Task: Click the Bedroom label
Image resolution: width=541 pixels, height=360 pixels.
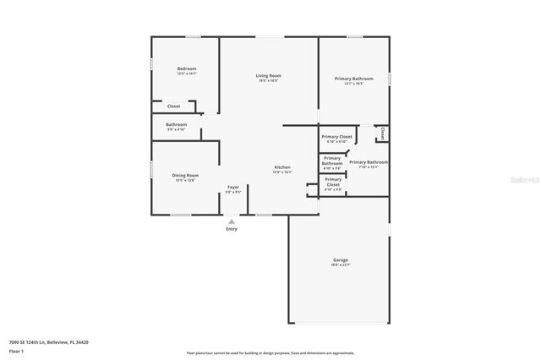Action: click(186, 68)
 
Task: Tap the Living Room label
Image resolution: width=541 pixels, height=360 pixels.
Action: click(269, 76)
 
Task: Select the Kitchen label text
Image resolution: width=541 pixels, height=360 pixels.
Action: click(281, 167)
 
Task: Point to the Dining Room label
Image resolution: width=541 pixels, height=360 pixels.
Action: click(186, 175)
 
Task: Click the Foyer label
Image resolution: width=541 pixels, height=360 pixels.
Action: click(233, 187)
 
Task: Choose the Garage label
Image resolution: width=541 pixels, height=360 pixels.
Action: click(340, 259)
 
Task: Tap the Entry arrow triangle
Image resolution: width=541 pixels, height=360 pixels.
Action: click(232, 221)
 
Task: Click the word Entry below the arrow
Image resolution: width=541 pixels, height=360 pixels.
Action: click(232, 229)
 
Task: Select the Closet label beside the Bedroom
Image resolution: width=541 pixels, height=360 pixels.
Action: click(173, 106)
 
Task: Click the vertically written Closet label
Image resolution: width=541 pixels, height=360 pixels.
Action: click(382, 133)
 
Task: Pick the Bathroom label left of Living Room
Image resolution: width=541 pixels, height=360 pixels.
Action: click(176, 125)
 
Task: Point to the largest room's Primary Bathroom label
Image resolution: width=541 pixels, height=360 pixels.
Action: click(353, 79)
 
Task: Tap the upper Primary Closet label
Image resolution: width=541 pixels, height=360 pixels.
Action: click(336, 136)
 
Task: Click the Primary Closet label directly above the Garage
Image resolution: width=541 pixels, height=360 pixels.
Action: click(333, 181)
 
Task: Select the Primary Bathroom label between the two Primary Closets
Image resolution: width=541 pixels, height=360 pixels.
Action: click(332, 161)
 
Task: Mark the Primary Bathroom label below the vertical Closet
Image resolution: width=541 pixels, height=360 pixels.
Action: click(369, 161)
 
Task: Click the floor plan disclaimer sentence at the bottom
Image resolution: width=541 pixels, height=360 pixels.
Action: click(270, 352)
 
